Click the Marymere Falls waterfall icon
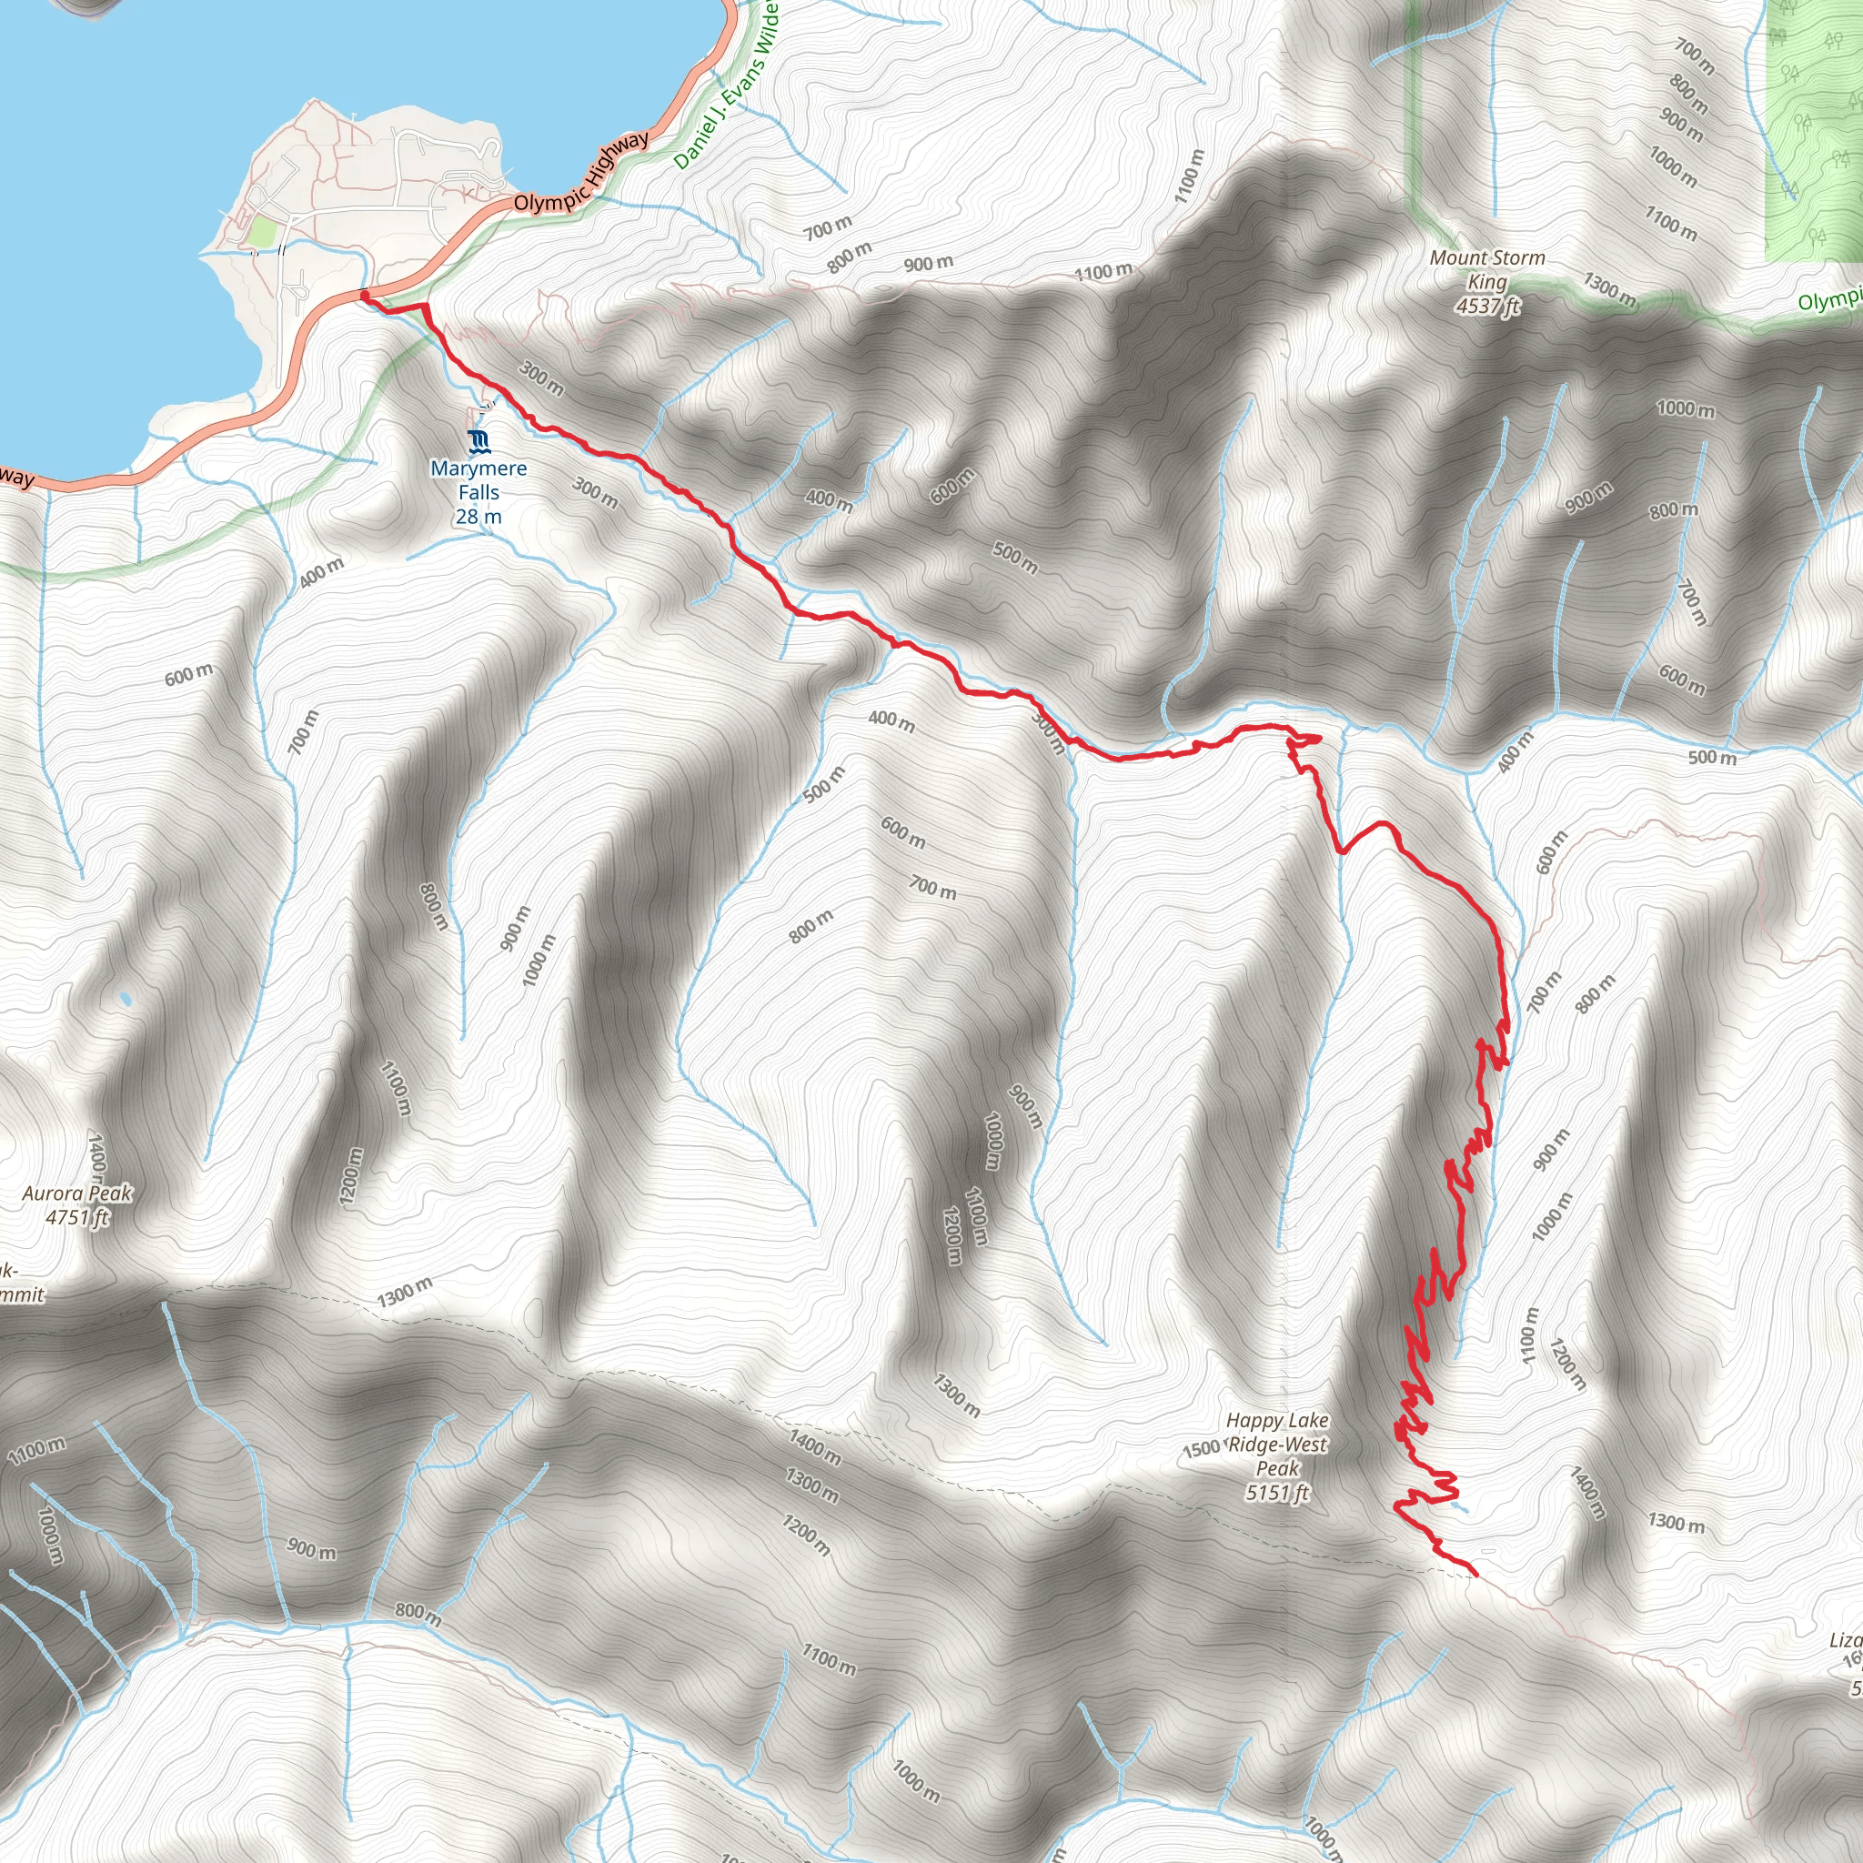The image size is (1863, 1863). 479,443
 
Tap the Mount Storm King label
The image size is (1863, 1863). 1487,270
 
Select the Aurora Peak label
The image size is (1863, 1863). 77,1193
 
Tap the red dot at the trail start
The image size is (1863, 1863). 365,295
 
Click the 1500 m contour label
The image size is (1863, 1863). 1202,1449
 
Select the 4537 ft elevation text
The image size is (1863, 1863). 1488,307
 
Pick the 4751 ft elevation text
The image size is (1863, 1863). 77,1218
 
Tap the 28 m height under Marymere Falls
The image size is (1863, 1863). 479,517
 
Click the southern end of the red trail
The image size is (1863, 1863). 1475,1575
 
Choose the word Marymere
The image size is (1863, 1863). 479,469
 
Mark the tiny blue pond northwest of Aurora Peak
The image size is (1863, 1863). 126,999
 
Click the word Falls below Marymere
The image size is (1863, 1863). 479,493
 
